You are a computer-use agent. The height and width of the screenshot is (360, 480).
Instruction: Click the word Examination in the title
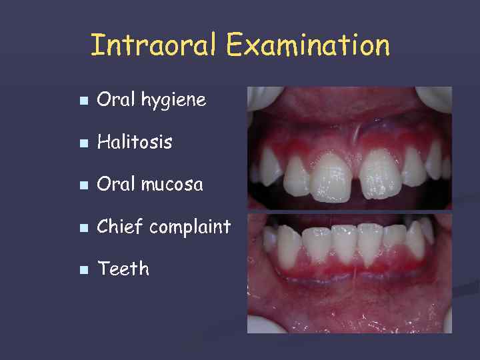click(x=308, y=45)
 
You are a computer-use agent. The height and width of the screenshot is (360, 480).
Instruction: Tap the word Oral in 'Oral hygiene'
click(x=111, y=100)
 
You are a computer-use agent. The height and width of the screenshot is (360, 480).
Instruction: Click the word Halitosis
click(x=134, y=142)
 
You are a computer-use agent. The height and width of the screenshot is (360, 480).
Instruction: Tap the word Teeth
click(x=123, y=269)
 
